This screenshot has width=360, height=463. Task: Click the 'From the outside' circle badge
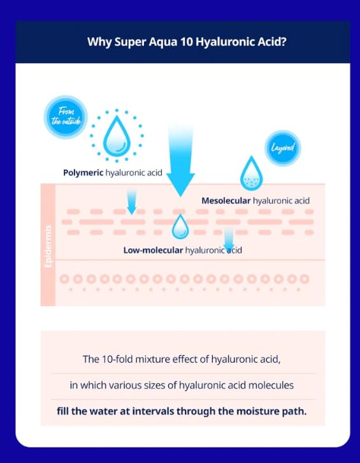coord(66,117)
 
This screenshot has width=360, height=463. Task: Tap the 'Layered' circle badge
coord(283,148)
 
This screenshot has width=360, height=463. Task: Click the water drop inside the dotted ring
coord(117,136)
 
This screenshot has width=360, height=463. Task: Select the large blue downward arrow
coord(180,160)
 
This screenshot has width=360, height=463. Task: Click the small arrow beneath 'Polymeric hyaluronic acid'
coord(132,202)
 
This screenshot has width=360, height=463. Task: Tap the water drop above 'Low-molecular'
coord(180,226)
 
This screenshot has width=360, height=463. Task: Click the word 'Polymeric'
coord(83,173)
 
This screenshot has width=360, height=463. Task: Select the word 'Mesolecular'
coord(226,201)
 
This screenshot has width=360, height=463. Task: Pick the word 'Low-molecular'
coord(153,251)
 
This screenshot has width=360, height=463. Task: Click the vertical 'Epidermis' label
coord(48,247)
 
